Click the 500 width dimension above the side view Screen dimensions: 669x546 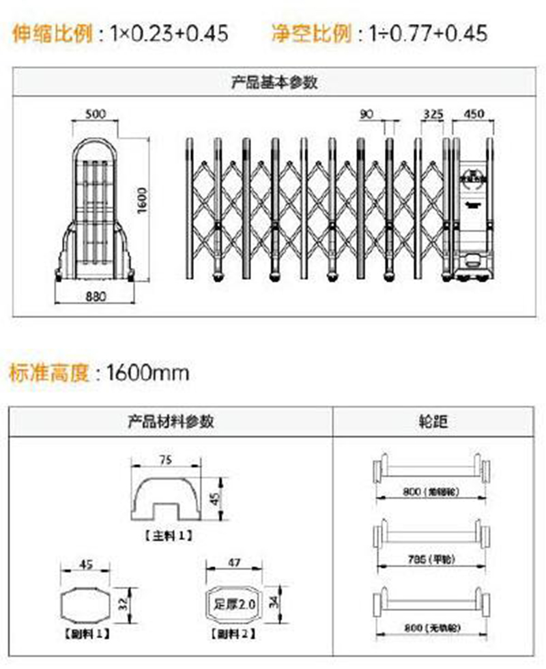pos(95,114)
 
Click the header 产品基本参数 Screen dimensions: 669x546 pos(274,83)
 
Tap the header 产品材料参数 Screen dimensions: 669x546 pos(171,421)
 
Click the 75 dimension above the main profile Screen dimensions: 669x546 pos(165,460)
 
